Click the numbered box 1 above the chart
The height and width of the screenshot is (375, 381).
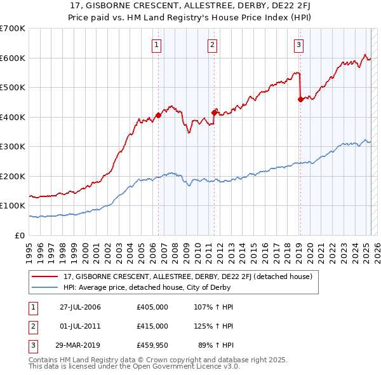156,44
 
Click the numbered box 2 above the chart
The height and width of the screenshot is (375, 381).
212,44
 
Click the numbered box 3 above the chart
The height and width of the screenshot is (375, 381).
298,44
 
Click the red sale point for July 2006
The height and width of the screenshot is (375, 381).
158,115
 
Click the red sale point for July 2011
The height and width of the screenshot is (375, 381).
214,112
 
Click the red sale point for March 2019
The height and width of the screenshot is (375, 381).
300,99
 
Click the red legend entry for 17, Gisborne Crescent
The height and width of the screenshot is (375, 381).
187,276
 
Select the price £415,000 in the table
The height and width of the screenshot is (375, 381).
152,326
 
